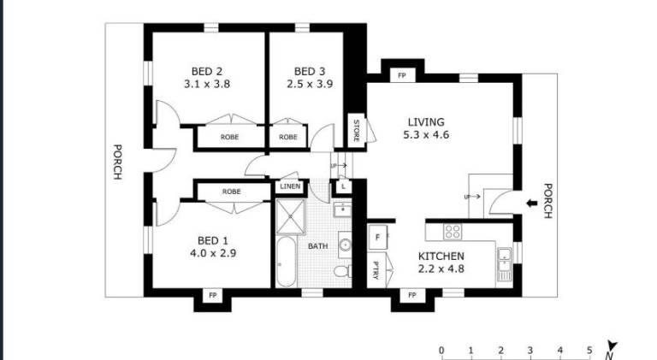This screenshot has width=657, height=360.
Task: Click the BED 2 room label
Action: click(207, 72)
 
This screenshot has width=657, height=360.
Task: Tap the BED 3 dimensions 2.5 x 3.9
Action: click(310, 84)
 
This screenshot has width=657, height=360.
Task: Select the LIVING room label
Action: click(426, 122)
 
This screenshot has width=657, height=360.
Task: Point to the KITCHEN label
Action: click(441, 257)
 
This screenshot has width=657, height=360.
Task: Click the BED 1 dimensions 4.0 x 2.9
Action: click(213, 253)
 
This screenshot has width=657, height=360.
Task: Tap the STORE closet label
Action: click(357, 131)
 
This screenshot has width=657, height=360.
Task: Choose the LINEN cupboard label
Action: click(290, 186)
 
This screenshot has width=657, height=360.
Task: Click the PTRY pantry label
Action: click(376, 270)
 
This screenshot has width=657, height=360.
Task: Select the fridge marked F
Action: click(377, 238)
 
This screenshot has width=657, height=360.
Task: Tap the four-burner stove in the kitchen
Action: click(453, 232)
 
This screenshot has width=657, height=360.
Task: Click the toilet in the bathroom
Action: click(342, 271)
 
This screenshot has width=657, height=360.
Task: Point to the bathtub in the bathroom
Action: click(287, 262)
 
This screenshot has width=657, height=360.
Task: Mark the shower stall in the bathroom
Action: click(291, 216)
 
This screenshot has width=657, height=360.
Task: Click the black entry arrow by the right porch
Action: click(532, 204)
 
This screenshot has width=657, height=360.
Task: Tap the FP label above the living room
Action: click(402, 76)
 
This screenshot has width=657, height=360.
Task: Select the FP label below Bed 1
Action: click(212, 296)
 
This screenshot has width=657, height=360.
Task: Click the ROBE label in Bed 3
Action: click(288, 137)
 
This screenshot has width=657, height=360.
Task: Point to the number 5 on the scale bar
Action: click(589, 351)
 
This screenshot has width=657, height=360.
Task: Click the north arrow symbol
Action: click(612, 350)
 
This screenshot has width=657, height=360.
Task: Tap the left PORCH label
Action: click(118, 162)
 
